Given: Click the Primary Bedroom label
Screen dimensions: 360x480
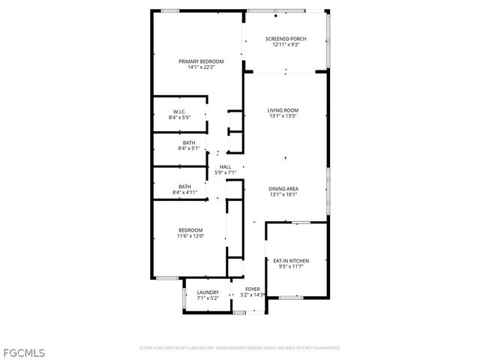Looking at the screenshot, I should (x=196, y=61).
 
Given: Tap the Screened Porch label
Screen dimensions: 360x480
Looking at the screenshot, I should (x=285, y=38).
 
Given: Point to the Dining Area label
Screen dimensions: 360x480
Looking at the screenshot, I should (x=283, y=188).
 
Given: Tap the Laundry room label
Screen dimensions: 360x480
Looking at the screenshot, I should (x=208, y=292).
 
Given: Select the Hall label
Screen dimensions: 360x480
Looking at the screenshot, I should (x=225, y=166).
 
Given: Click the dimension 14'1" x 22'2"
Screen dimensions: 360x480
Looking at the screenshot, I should (x=196, y=68).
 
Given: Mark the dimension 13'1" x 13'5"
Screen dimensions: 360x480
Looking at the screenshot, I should (x=283, y=117).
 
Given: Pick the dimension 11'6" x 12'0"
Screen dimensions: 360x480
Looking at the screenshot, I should (x=190, y=236).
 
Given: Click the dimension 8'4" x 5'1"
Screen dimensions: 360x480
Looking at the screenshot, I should (x=190, y=148).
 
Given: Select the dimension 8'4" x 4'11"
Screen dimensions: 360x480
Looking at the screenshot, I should (x=184, y=193).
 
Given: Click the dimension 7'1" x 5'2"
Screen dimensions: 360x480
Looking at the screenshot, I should (x=208, y=298).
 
